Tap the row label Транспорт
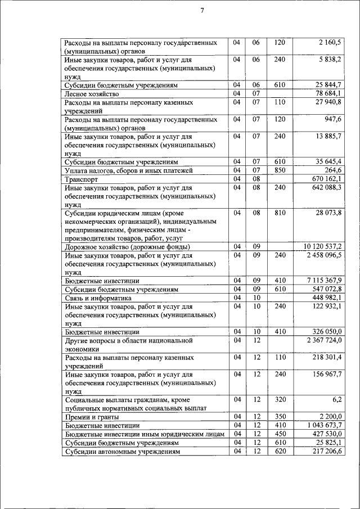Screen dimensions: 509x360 pyautogui.click(x=82, y=179)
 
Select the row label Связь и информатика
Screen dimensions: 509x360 pyautogui.click(x=98, y=298)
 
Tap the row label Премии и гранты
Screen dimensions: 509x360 pyautogui.click(x=92, y=417)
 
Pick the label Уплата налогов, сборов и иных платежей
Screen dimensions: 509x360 pyautogui.click(x=129, y=170)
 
